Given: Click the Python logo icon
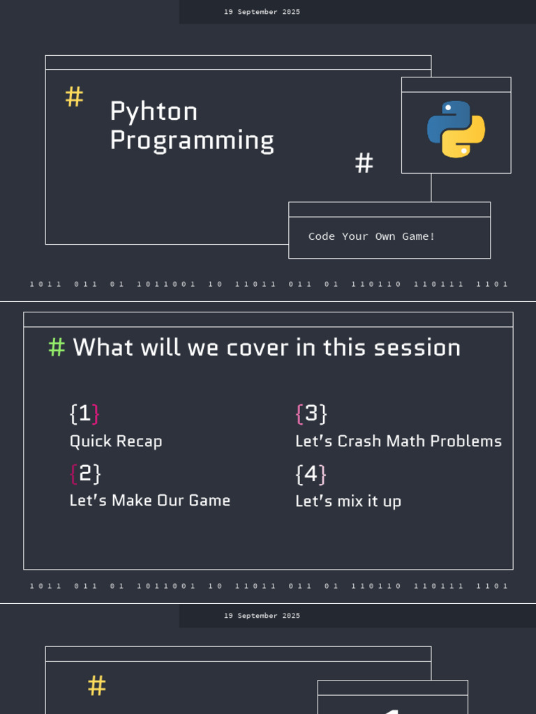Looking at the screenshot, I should click(456, 129).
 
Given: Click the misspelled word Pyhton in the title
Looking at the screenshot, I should click(154, 112).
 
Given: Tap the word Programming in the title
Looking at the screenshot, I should click(192, 140).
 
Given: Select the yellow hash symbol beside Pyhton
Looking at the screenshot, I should click(74, 97).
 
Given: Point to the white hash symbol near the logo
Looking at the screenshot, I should click(364, 163).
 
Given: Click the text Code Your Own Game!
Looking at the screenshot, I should click(371, 236).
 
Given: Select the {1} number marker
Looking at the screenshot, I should click(84, 413).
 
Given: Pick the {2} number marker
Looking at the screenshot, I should click(85, 473).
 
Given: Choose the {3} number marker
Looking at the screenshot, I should click(311, 413).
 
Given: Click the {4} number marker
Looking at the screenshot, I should click(311, 474).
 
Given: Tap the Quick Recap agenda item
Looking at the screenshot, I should click(116, 441).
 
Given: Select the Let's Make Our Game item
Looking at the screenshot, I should click(150, 501).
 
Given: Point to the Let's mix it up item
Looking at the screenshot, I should click(348, 501).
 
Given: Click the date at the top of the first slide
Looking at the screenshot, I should click(262, 12).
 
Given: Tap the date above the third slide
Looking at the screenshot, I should click(262, 616).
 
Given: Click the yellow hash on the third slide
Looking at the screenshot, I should click(96, 685).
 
